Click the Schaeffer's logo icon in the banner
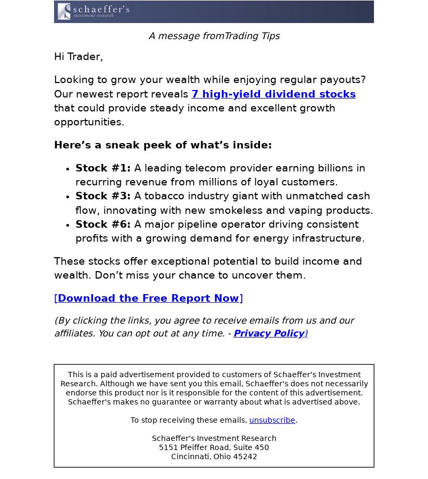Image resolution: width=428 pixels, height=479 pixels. point(64,11)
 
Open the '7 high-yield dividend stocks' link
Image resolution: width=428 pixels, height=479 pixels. point(273,94)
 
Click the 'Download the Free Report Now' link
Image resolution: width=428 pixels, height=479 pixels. point(148,298)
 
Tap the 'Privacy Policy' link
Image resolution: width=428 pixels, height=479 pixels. point(269,333)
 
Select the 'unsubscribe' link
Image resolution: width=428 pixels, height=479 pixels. point(272,420)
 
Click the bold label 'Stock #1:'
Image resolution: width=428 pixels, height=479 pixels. point(103,168)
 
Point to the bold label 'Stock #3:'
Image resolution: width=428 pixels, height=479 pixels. point(103,196)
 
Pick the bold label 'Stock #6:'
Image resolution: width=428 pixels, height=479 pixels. point(103,224)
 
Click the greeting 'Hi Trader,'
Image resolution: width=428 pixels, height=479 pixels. point(78,57)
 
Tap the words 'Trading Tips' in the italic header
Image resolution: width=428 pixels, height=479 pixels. point(252,36)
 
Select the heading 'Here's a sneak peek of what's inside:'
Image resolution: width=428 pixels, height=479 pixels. point(163,145)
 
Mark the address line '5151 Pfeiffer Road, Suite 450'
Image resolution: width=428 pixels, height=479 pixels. point(214,447)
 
